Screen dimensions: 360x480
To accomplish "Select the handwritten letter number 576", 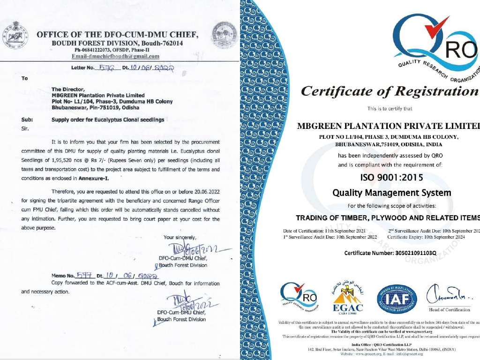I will [x=104, y=67].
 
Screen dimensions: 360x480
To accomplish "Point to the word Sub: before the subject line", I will [x=27, y=120].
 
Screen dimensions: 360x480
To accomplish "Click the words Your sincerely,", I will [x=180, y=238].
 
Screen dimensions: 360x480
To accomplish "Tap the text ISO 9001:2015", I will [x=391, y=178].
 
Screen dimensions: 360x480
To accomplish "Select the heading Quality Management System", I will [x=391, y=193].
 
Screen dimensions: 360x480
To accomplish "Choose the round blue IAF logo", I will [x=397, y=299].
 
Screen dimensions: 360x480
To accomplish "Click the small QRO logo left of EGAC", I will [x=298, y=297].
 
